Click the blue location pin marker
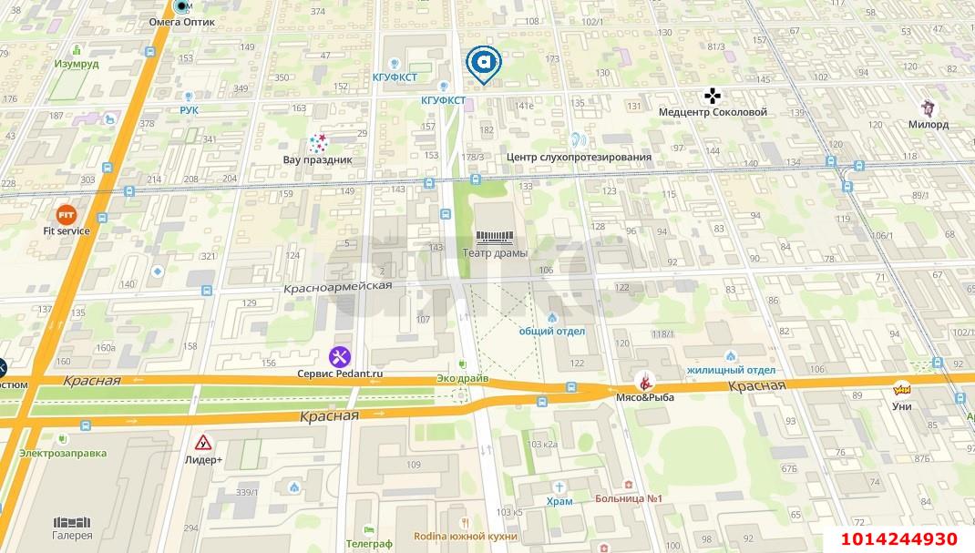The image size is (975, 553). click(x=484, y=64)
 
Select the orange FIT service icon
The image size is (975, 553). click(x=67, y=215)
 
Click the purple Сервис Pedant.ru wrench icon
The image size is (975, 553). click(x=339, y=356)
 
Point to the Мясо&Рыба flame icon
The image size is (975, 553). click(x=646, y=381)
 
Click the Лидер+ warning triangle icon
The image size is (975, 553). click(x=204, y=443)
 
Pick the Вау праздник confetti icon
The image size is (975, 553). click(x=317, y=143)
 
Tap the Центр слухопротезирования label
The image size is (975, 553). click(x=579, y=157)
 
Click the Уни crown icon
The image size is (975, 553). click(x=902, y=387)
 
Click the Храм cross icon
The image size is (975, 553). click(x=560, y=486)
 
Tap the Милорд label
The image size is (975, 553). click(x=929, y=125)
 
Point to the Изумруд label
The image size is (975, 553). click(x=76, y=65)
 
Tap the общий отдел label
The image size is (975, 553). click(x=552, y=332)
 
